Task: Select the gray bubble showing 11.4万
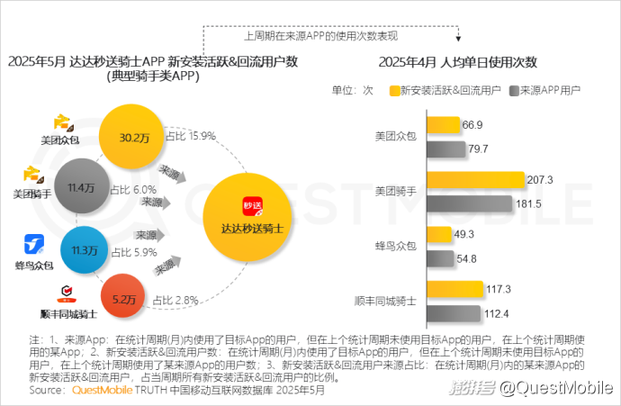(x=81, y=187)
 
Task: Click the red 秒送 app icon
(x=251, y=206)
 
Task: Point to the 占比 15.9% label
(x=190, y=136)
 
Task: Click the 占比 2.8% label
(x=175, y=300)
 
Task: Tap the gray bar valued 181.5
(x=469, y=203)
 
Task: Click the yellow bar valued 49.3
(x=438, y=235)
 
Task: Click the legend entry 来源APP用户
(x=545, y=91)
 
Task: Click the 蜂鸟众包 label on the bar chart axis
(x=395, y=246)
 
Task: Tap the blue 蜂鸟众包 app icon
(x=34, y=243)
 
